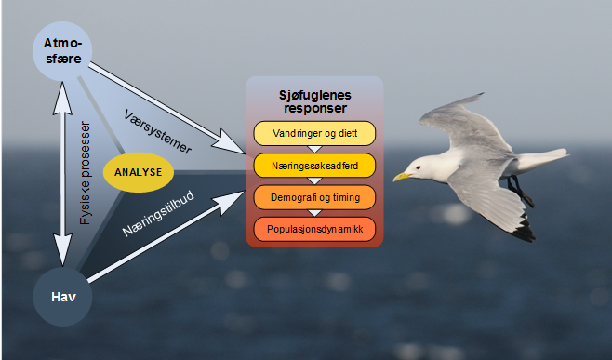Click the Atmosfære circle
pyautogui.click(x=62, y=51)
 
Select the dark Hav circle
pyautogui.click(x=62, y=297)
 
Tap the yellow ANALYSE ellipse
pyautogui.click(x=139, y=172)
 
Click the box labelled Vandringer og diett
pyautogui.click(x=314, y=134)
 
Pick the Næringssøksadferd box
pyautogui.click(x=314, y=166)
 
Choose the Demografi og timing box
pyautogui.click(x=314, y=197)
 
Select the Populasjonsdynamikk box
pyautogui.click(x=314, y=229)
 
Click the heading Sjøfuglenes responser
pyautogui.click(x=315, y=101)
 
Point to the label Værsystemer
pyautogui.click(x=158, y=132)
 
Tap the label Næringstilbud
pyautogui.click(x=158, y=214)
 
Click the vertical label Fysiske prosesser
pyautogui.click(x=85, y=173)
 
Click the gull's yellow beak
pyautogui.click(x=402, y=177)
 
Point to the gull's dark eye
pyautogui.click(x=419, y=167)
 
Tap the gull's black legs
pyautogui.click(x=520, y=191)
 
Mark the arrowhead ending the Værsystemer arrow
pyautogui.click(x=230, y=141)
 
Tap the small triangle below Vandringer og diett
pyautogui.click(x=314, y=149)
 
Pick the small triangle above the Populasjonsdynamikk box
pyautogui.click(x=314, y=213)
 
